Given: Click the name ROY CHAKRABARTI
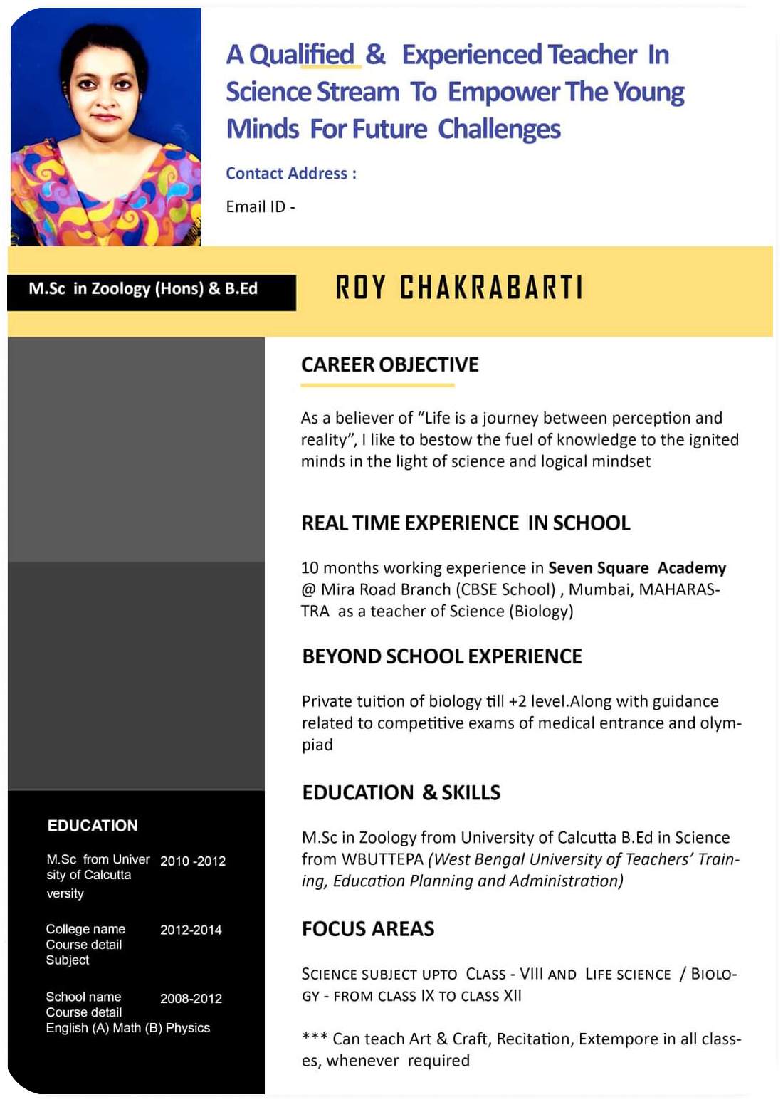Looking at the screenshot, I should click(x=459, y=288).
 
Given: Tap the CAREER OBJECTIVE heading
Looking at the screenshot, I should click(x=389, y=365).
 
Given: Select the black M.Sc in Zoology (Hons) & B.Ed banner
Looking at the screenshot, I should click(x=151, y=291).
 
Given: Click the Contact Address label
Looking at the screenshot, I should click(x=291, y=174).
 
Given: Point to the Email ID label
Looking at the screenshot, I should click(x=260, y=207).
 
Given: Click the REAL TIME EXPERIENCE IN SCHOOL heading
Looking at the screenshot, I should click(x=466, y=523).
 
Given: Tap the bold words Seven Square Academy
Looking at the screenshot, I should click(x=637, y=568).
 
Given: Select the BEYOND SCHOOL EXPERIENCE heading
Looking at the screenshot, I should click(x=442, y=656).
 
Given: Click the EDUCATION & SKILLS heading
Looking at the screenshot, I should click(x=401, y=793).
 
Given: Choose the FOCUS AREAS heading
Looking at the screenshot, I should click(x=368, y=929).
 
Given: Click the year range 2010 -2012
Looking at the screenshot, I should click(x=193, y=861).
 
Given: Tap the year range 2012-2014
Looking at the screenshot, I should click(x=191, y=930).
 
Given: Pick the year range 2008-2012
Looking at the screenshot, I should click(x=191, y=999).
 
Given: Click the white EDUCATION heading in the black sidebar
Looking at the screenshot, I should click(x=93, y=826).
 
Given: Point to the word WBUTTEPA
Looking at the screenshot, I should click(x=382, y=860).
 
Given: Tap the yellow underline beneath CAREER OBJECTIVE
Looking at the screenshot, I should click(x=377, y=385).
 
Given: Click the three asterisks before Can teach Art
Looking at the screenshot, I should click(x=314, y=1038).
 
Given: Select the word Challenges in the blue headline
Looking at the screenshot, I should click(x=499, y=130).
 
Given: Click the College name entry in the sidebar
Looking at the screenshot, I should click(x=85, y=930).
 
